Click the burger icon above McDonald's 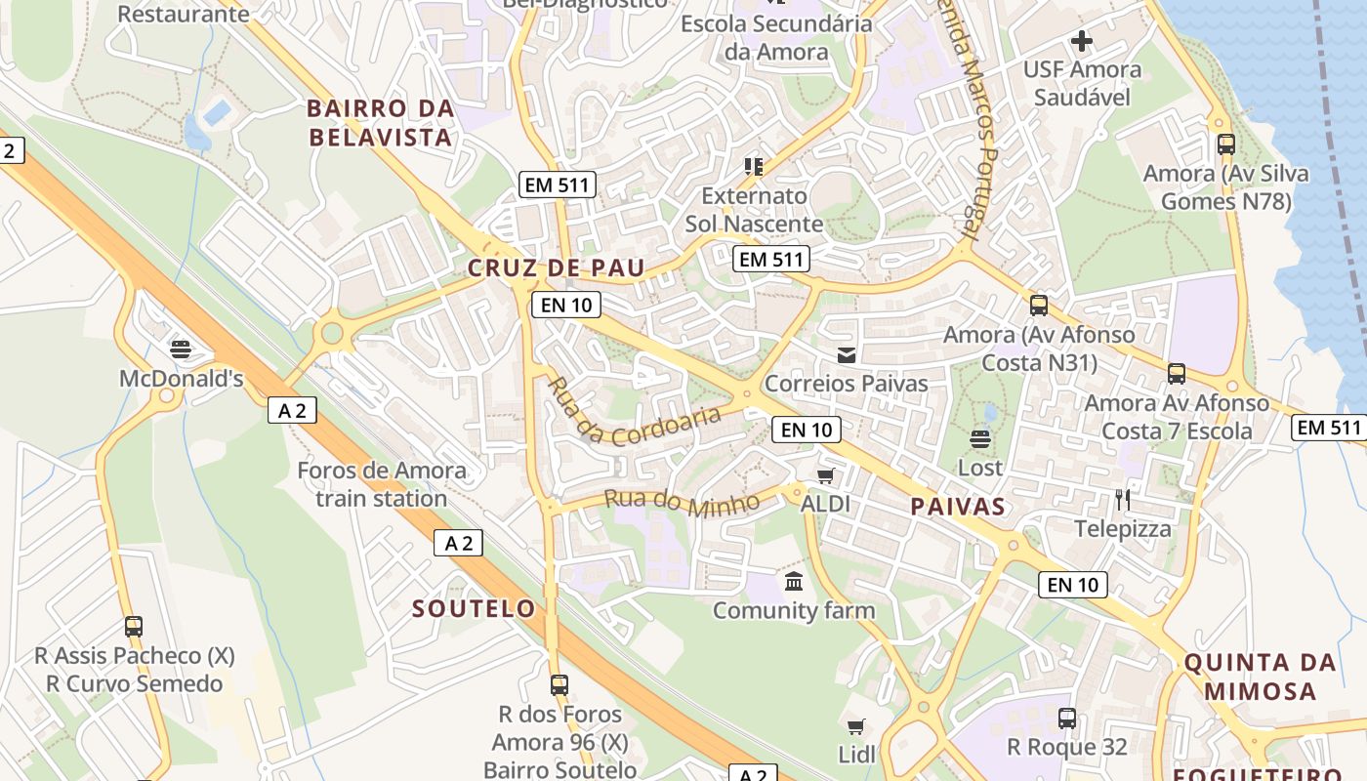pos(180,349)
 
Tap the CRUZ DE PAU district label pos(556,267)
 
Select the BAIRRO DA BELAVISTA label pos(381,123)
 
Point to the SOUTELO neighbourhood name pos(474,609)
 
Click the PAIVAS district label pos(957,506)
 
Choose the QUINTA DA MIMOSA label pos(1260,677)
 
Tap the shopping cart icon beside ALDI pos(826,475)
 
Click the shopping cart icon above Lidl pos(856,725)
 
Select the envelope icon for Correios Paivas pos(847,355)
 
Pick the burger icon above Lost pos(980,438)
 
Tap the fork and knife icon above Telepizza pos(1123,500)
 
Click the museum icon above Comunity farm pos(794,582)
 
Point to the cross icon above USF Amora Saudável pos(1082,41)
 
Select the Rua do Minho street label pos(682,502)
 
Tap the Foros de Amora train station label pos(382,484)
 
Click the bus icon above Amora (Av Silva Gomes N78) pos(1226,144)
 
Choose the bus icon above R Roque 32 pos(1067,719)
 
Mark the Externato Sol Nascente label pos(754,209)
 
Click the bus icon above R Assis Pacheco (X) pos(134,626)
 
